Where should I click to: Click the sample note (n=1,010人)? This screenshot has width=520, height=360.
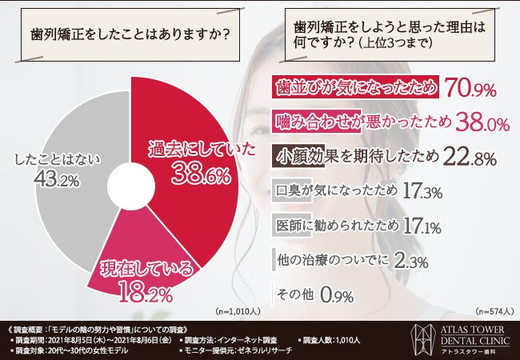coord(235,310)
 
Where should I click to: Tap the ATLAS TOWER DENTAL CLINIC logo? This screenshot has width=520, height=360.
coord(460,338)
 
